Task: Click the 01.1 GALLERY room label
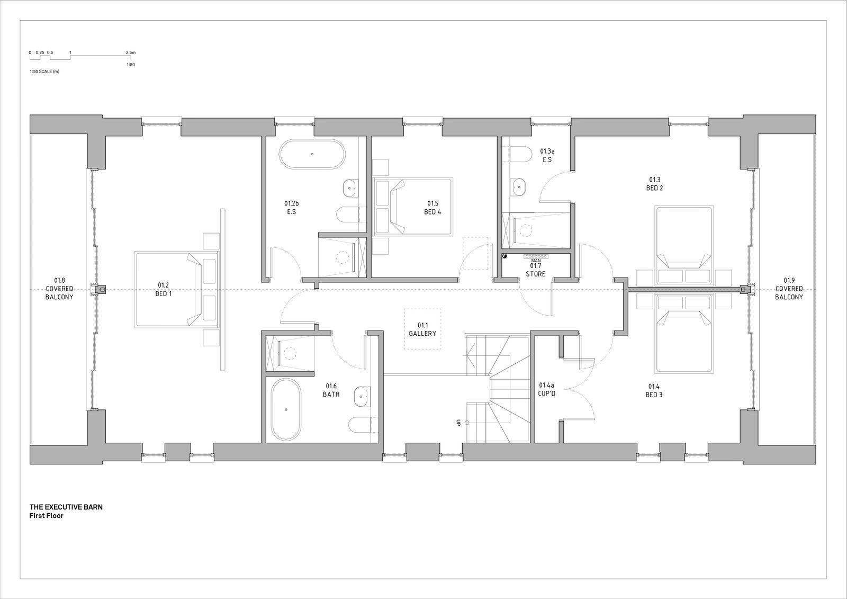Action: [x=422, y=329]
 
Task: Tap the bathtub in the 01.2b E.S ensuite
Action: [x=312, y=154]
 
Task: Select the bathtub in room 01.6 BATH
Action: [x=286, y=409]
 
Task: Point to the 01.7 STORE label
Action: [x=535, y=270]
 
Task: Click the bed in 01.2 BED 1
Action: [x=177, y=290]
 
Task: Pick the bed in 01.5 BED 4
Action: [x=413, y=207]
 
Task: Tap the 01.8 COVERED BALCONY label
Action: [x=59, y=289]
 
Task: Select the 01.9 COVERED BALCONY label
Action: [x=789, y=289]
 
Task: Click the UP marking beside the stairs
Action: [x=458, y=423]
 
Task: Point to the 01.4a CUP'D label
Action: [x=546, y=389]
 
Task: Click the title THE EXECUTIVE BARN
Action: [x=66, y=507]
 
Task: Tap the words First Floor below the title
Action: [x=47, y=516]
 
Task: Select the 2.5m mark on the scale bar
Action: [x=131, y=52]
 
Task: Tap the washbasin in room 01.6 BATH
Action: [x=361, y=397]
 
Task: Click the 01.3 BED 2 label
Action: [x=654, y=184]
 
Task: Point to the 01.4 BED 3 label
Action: [x=654, y=390]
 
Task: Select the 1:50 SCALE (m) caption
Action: [x=44, y=71]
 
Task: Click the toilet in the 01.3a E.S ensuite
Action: [x=518, y=155]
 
